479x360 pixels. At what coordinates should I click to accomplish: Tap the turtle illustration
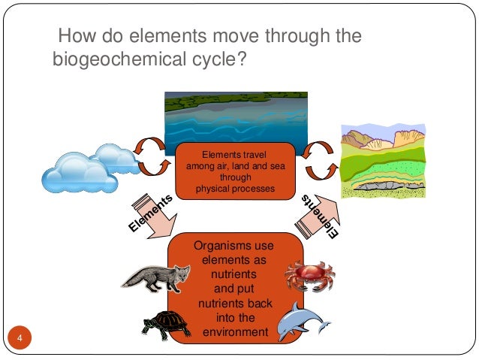(166, 324)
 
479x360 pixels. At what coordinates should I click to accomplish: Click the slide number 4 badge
(20, 335)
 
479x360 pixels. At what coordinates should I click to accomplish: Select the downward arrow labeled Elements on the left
(154, 220)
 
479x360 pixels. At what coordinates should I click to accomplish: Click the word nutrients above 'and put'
(234, 274)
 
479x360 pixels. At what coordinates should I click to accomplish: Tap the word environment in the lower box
(234, 331)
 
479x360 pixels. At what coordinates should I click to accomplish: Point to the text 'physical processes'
(235, 189)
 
